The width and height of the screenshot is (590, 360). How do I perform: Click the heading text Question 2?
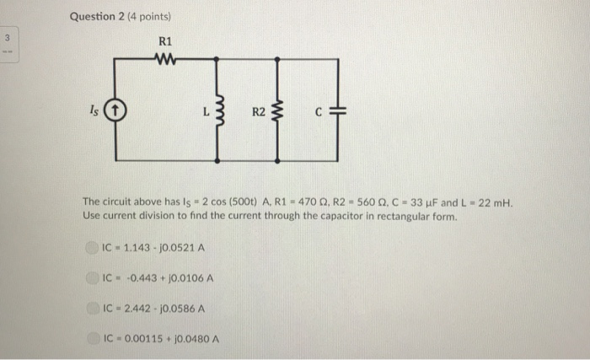[97, 16]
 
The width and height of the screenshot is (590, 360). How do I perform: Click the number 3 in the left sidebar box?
[8, 39]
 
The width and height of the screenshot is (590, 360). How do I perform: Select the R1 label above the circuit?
[165, 40]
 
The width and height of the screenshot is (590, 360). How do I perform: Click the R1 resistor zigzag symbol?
[165, 58]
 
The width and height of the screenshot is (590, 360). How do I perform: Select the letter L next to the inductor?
[205, 109]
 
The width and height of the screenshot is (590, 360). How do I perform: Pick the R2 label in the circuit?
[258, 109]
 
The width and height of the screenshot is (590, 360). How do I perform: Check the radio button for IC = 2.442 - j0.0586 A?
[93, 308]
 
